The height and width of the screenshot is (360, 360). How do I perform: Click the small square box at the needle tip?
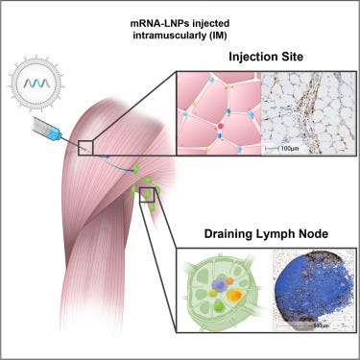pyautogui.click(x=85, y=145)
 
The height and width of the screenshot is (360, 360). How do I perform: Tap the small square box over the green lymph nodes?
pyautogui.click(x=147, y=195)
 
